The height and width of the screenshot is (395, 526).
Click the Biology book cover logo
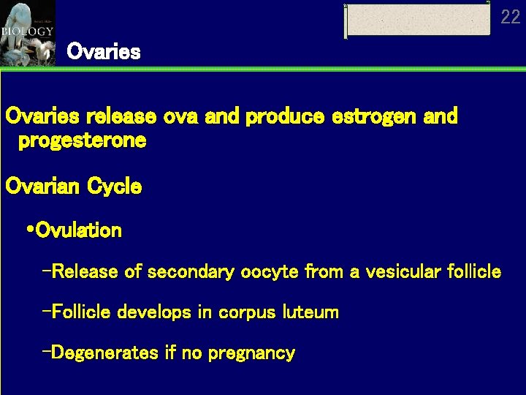(27, 33)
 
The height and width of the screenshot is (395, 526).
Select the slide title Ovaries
(103, 52)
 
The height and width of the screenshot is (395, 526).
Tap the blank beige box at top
(417, 20)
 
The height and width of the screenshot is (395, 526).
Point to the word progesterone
(82, 140)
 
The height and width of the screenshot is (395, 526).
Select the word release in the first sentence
(121, 116)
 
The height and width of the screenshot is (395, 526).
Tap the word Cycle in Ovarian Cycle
(115, 187)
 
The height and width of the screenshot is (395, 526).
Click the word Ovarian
(43, 187)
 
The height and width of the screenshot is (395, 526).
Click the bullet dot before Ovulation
(29, 231)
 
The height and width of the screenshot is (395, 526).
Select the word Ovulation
(79, 231)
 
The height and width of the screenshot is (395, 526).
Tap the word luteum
(310, 312)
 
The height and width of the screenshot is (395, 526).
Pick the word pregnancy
(251, 354)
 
